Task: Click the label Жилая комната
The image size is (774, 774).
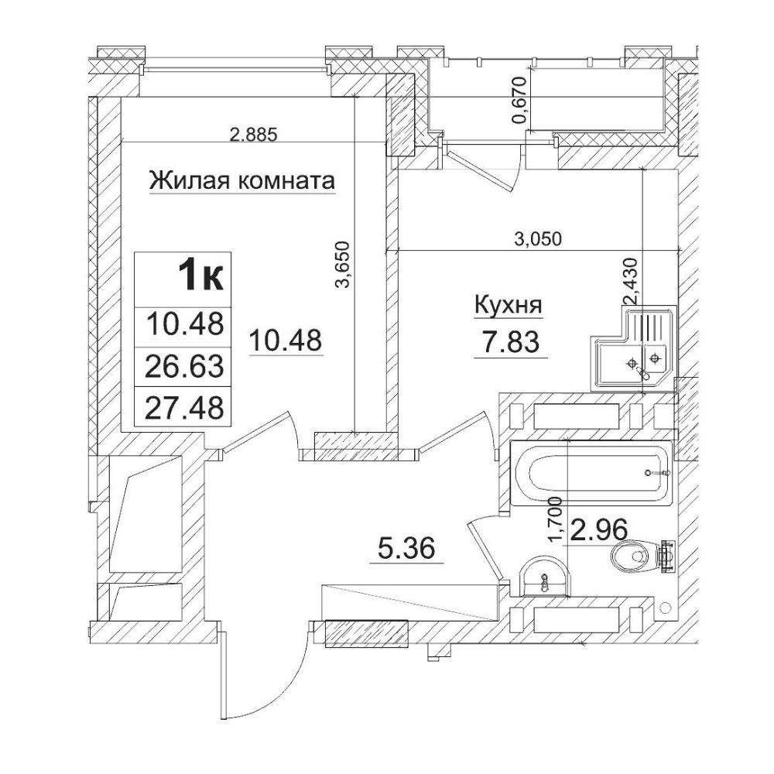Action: pos(241,180)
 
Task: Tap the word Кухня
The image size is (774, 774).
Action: pos(508,306)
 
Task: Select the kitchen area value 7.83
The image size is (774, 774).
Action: pos(511,341)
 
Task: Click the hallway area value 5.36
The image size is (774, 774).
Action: pos(407,548)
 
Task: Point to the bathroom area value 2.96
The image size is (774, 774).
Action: pos(599,529)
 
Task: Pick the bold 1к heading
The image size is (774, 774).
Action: pos(201,276)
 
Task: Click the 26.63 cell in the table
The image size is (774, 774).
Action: pos(186,366)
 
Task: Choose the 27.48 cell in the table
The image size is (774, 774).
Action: pos(186,408)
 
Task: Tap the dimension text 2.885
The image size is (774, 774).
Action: pos(254,134)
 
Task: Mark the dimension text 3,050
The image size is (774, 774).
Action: pos(538,239)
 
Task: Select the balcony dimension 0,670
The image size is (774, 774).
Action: pos(522,101)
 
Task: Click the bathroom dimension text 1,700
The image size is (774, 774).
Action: pos(556,519)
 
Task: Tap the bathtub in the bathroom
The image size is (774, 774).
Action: pos(591,473)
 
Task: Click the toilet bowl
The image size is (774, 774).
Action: pos(642,557)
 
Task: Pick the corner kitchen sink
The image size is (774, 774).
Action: pos(632,348)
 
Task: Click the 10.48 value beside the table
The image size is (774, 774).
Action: pos(286,341)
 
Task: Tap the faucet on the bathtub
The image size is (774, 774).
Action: pos(657,473)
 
